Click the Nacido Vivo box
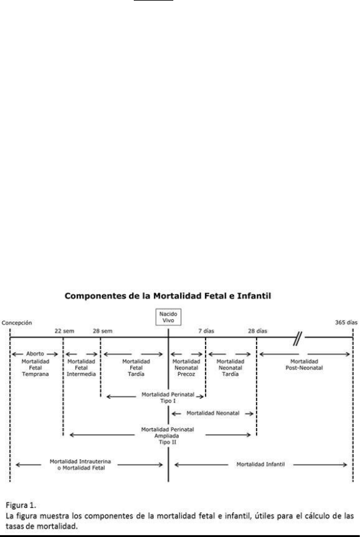tap(168, 317)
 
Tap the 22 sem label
tap(64, 331)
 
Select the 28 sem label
tap(102, 331)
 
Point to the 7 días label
tap(206, 331)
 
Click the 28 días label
tap(258, 331)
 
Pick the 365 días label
tap(346, 322)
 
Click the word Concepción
tap(17, 323)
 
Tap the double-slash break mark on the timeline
tap(298, 339)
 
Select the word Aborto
tap(35, 354)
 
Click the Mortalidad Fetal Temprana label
tap(35, 368)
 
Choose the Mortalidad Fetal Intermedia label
tap(81, 368)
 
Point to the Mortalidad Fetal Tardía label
tap(136, 368)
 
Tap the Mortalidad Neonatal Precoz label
tap(186, 368)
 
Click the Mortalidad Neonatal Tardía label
tap(230, 368)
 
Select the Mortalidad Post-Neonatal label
tap(304, 365)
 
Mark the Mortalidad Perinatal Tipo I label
tap(168, 398)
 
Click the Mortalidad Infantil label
tap(260, 465)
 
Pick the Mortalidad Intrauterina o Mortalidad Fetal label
tap(80, 465)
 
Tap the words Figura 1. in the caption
tap(21, 505)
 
